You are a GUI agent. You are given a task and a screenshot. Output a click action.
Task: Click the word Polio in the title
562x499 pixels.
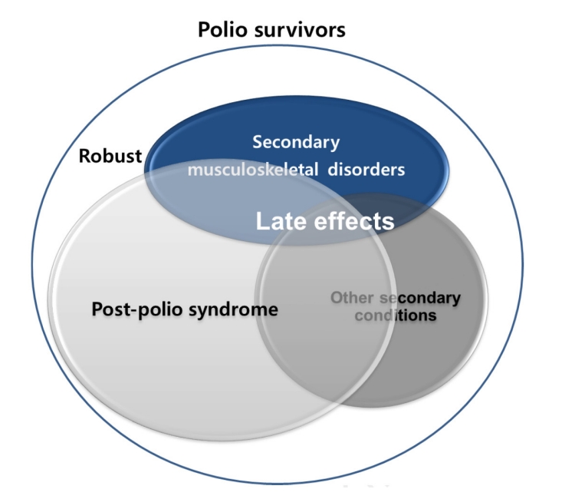(222, 31)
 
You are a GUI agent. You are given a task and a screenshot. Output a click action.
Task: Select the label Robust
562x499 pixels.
(110, 157)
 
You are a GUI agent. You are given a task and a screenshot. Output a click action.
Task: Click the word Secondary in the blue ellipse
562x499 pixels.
(296, 142)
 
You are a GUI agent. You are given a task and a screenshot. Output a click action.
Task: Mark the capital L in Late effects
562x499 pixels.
(261, 222)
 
